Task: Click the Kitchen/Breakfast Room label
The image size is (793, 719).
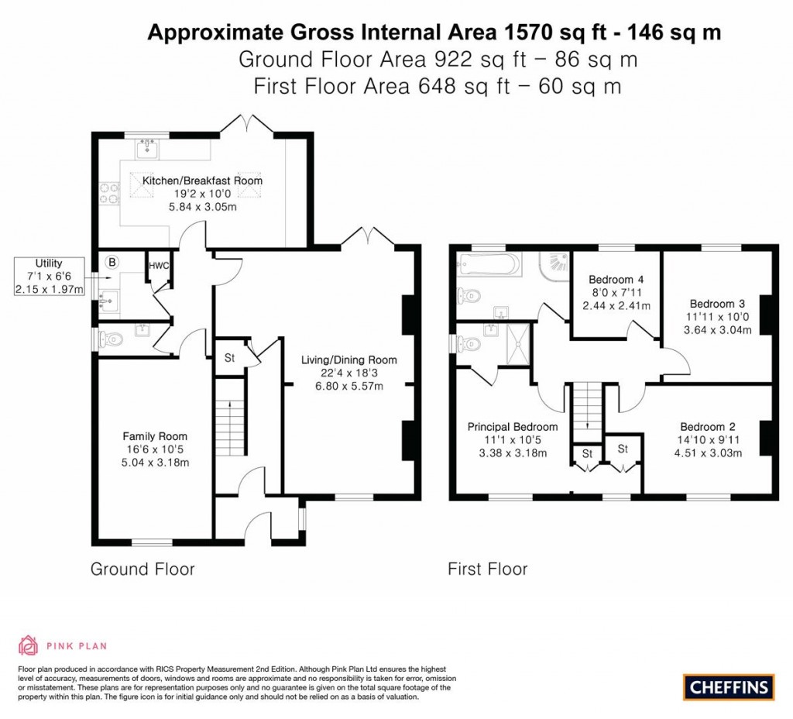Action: coord(202,181)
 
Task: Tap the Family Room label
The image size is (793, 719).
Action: coord(155,436)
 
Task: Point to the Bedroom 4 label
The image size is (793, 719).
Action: coord(616,280)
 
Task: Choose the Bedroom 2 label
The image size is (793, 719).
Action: coord(708,426)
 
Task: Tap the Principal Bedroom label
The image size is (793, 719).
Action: coord(512,427)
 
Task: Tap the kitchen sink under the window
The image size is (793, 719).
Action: coord(148,147)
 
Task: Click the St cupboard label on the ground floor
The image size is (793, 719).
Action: coord(229,358)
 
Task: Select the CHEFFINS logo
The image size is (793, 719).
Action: coord(729,686)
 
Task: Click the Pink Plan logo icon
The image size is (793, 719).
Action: coord(29,645)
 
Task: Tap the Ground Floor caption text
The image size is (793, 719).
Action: coord(142,569)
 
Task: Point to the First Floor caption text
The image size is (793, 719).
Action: coord(487,569)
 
